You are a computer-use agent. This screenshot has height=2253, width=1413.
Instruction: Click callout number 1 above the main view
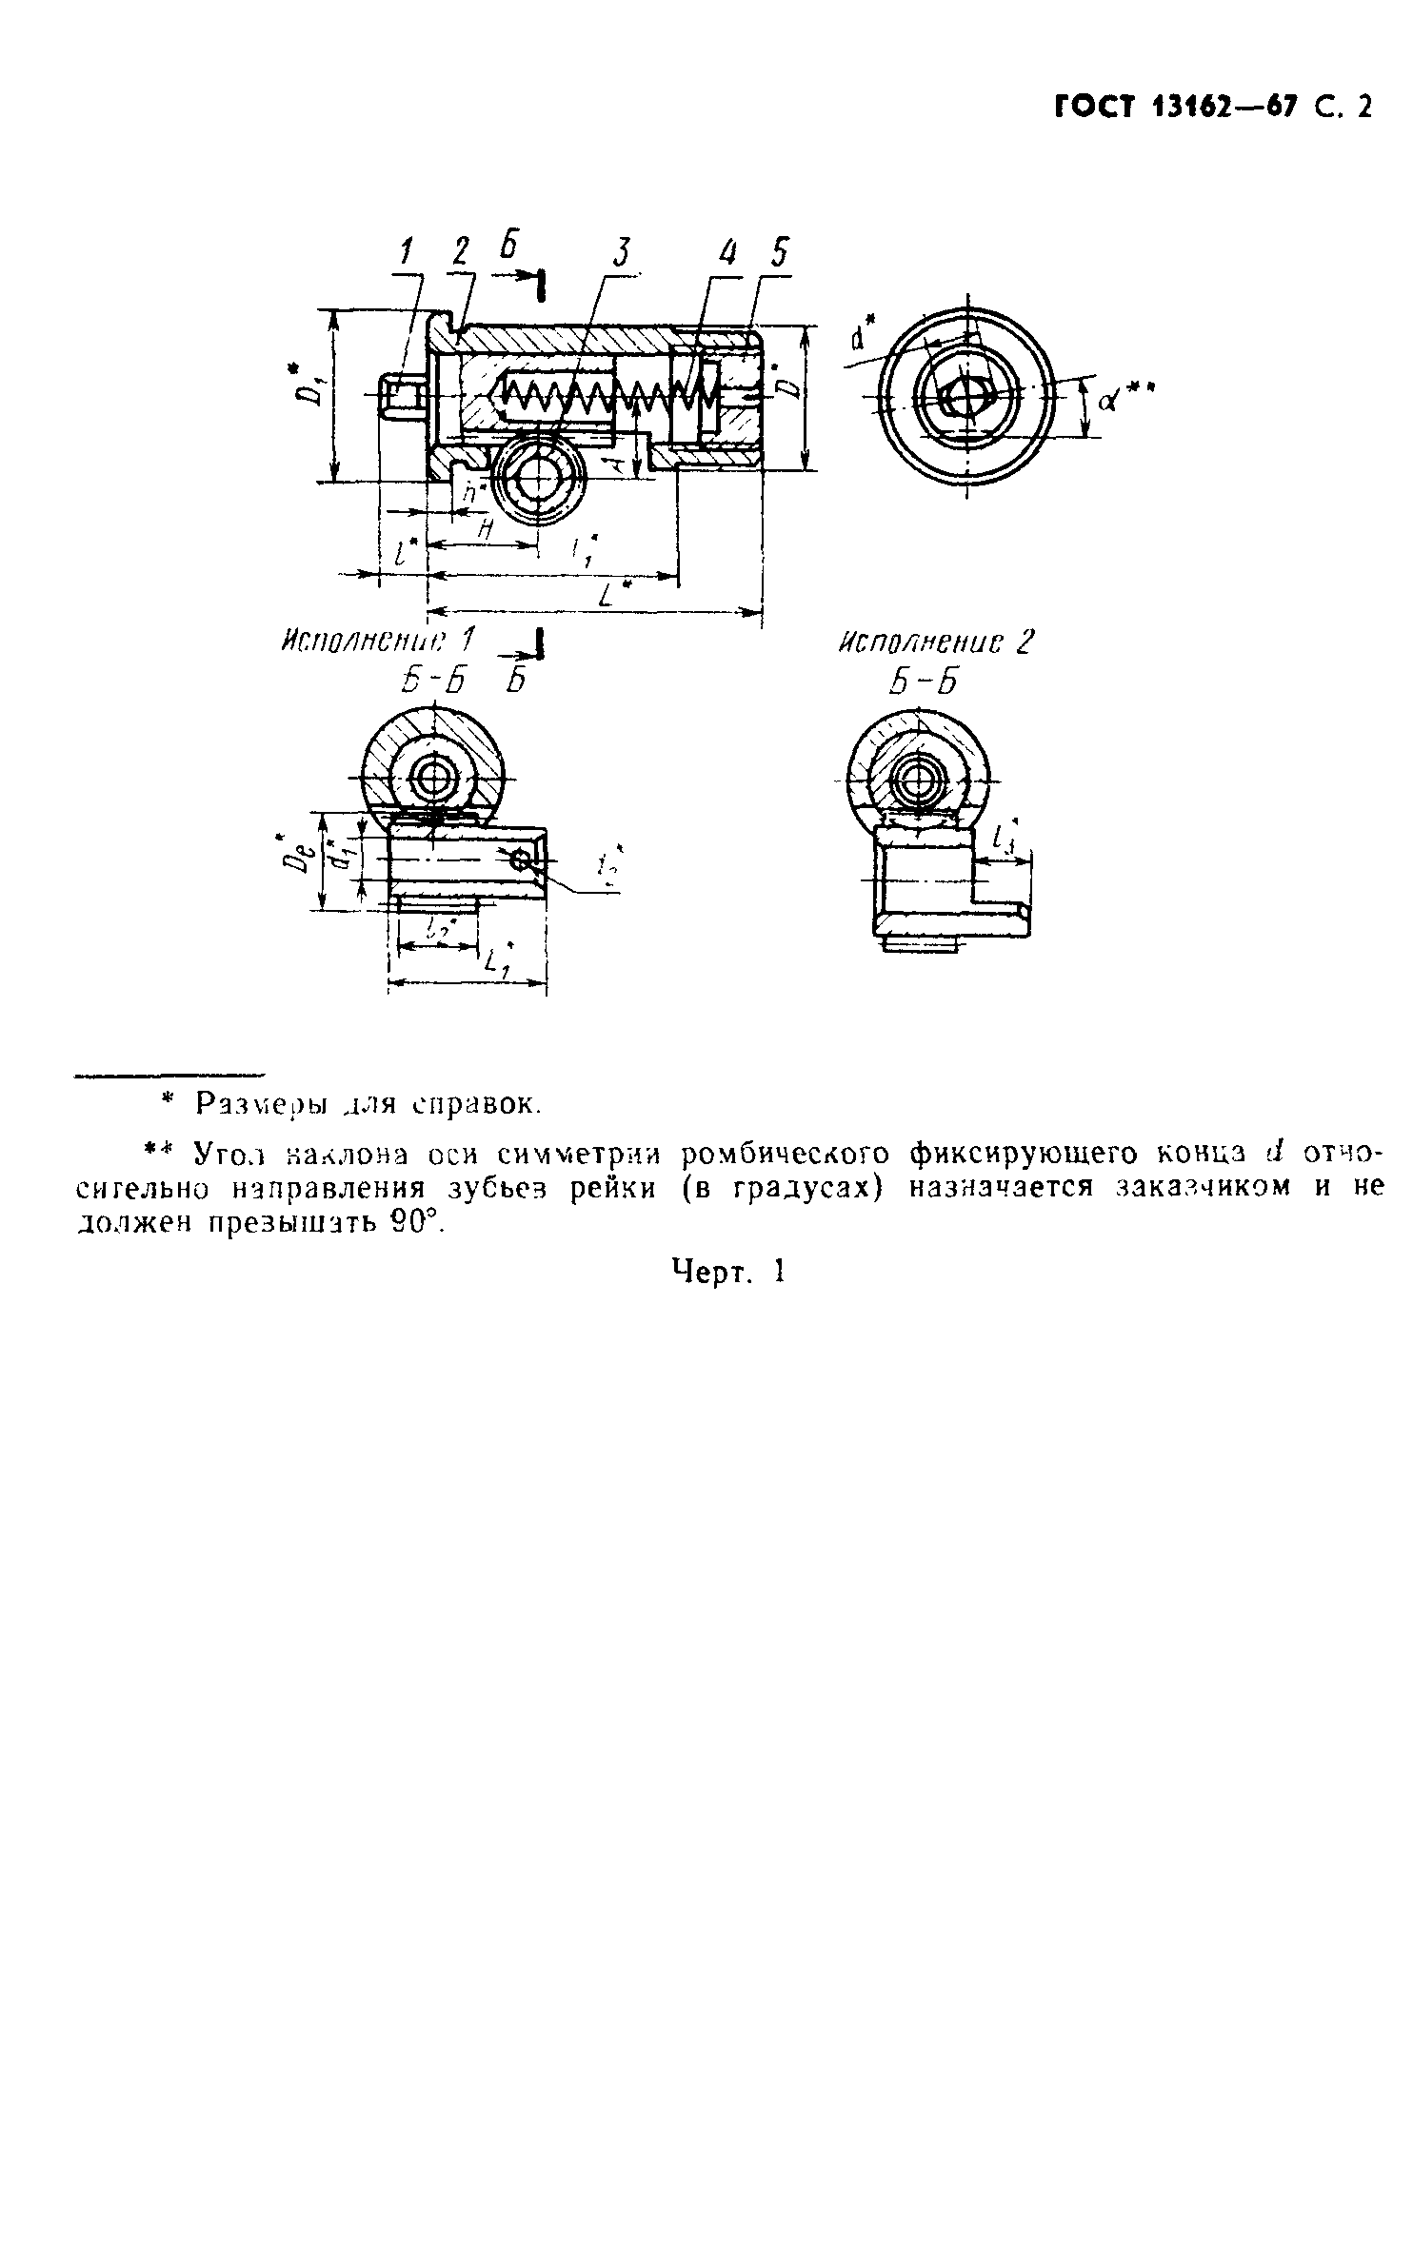pos(408,251)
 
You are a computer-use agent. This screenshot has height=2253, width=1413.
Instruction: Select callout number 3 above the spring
pos(622,252)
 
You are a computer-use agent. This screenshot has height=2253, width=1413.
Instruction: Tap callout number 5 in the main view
pos(779,253)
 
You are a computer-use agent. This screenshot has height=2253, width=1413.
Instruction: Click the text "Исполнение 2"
pos(934,643)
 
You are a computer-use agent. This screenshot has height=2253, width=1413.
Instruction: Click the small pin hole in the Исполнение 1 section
pos(521,860)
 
